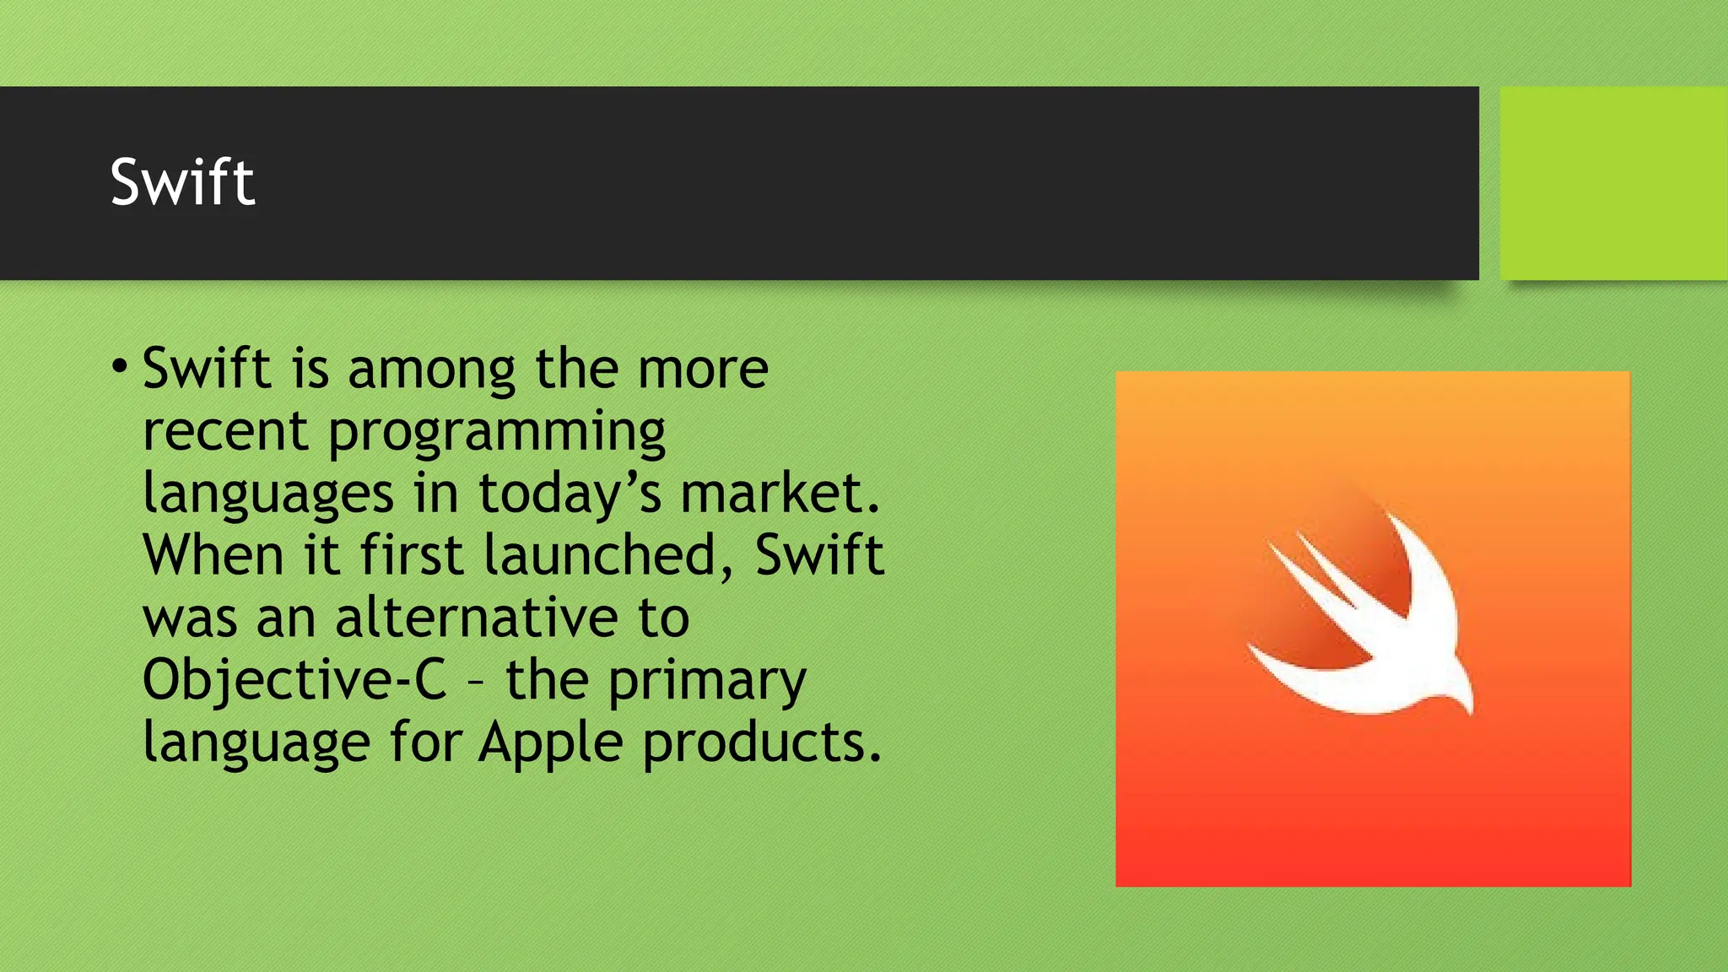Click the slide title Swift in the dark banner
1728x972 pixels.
coord(182,182)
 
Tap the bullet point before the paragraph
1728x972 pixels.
coord(120,368)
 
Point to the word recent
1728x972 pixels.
coord(224,432)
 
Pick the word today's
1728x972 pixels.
coord(570,494)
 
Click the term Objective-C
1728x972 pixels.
coord(294,680)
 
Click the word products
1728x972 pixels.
coord(762,742)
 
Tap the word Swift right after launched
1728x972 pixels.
coord(819,556)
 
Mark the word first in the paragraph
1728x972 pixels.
coord(411,556)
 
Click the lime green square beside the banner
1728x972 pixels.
coord(1613,183)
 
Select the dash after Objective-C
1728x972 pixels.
coord(476,682)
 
